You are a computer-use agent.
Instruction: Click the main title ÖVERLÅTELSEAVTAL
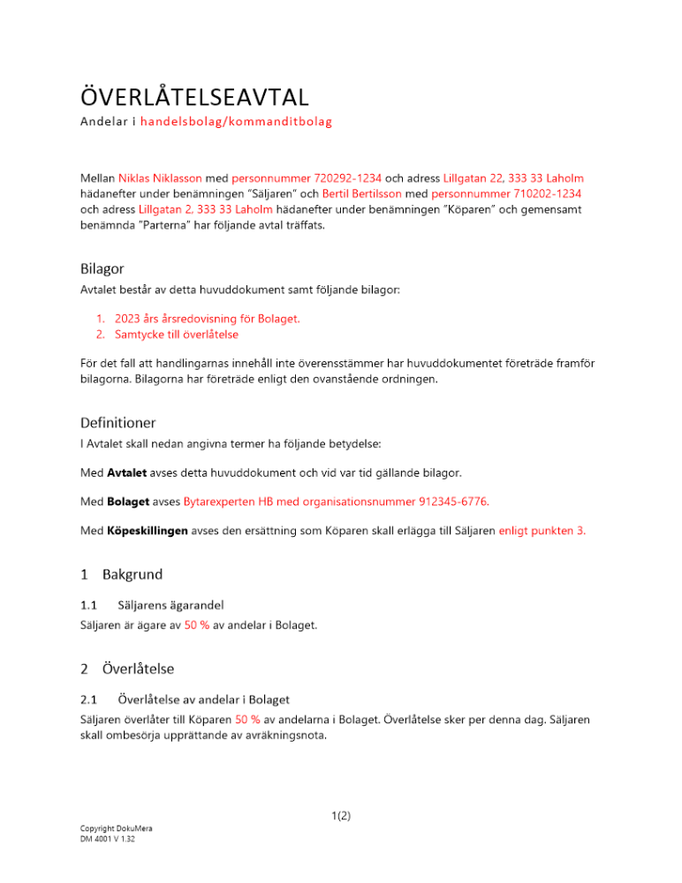pyautogui.click(x=194, y=94)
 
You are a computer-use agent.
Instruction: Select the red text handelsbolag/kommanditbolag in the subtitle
pyautogui.click(x=236, y=121)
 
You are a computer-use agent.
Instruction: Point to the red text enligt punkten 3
pyautogui.click(x=542, y=531)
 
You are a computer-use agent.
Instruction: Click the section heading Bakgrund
pyautogui.click(x=133, y=575)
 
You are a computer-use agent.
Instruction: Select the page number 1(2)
pyautogui.click(x=341, y=816)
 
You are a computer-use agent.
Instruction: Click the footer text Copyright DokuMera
pyautogui.click(x=116, y=829)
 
